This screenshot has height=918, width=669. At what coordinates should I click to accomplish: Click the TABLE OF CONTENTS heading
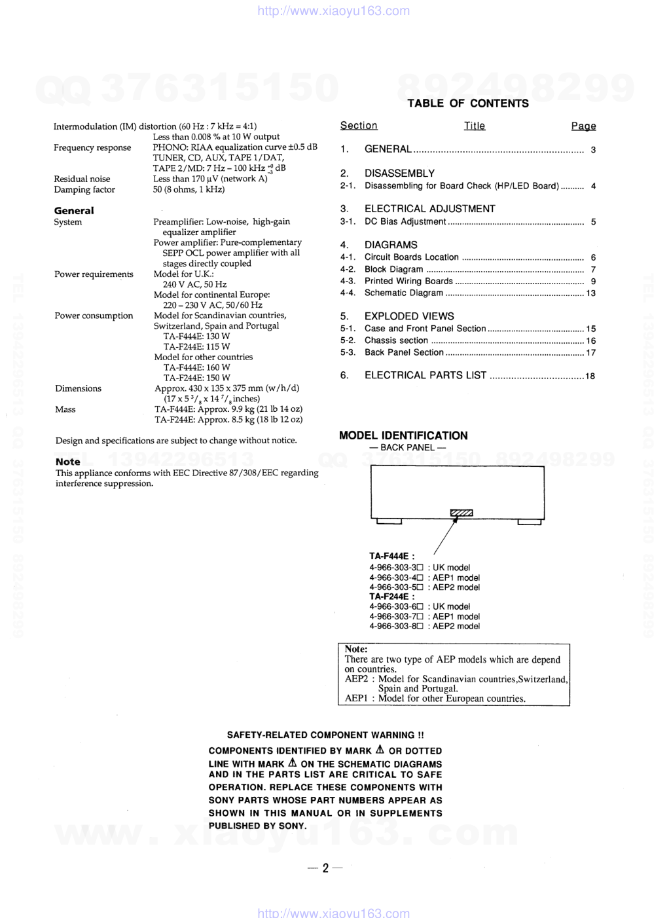467,103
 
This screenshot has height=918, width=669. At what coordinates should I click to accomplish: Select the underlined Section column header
359,126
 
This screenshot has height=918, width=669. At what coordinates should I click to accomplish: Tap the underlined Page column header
583,126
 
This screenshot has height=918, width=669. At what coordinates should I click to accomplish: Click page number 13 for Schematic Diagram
590,293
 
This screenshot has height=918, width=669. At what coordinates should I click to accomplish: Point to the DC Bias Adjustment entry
405,222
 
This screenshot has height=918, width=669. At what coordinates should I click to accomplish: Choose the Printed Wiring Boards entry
408,282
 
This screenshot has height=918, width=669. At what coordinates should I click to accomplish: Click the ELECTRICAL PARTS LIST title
425,375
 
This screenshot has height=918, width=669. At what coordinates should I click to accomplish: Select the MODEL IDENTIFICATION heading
403,435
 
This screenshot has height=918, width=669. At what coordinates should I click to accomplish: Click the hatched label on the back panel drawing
461,513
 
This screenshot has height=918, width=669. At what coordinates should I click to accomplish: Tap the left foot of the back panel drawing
389,522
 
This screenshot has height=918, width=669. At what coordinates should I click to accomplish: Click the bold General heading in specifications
74,211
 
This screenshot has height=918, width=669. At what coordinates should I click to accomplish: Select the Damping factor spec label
84,190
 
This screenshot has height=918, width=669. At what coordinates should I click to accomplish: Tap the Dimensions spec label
78,388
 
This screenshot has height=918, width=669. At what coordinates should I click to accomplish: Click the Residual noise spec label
82,179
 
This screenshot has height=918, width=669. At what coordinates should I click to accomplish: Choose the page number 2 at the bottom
325,868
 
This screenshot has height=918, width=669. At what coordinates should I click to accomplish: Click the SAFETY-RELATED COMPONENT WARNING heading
325,735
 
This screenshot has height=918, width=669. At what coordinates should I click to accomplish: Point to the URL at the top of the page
334,10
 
